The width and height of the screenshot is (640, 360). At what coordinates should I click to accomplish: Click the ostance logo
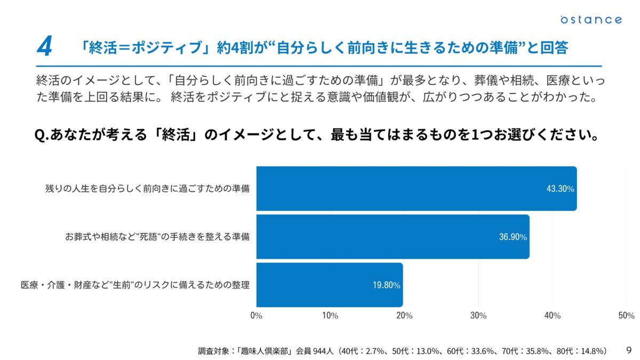pyautogui.click(x=591, y=20)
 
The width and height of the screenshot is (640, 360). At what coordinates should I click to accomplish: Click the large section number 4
pyautogui.click(x=44, y=47)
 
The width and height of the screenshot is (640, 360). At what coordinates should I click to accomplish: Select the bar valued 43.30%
pyautogui.click(x=416, y=189)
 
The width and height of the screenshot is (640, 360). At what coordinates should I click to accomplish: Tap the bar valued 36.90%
pyautogui.click(x=393, y=237)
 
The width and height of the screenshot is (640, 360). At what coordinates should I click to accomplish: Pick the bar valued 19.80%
pyautogui.click(x=329, y=285)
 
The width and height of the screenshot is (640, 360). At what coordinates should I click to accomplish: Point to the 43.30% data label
pyautogui.click(x=560, y=189)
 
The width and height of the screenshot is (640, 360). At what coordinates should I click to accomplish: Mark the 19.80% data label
pyautogui.click(x=386, y=285)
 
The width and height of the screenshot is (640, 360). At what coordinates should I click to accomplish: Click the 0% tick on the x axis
pyautogui.click(x=257, y=316)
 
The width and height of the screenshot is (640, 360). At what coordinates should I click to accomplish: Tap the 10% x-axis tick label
pyautogui.click(x=331, y=316)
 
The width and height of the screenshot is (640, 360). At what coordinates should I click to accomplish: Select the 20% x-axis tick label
pyautogui.click(x=405, y=316)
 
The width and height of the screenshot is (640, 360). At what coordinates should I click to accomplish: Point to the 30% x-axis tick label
pyautogui.click(x=478, y=316)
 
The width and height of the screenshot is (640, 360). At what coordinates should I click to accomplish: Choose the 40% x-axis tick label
pyautogui.click(x=553, y=316)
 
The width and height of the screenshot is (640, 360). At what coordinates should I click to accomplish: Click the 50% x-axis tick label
pyautogui.click(x=626, y=316)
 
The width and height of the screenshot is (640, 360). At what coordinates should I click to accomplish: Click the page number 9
pyautogui.click(x=629, y=350)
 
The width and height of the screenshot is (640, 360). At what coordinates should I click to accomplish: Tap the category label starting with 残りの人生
pyautogui.click(x=147, y=189)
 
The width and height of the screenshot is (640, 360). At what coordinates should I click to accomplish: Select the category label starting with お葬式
pyautogui.click(x=157, y=237)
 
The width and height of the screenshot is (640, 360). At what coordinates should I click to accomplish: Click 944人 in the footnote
pyautogui.click(x=324, y=351)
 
